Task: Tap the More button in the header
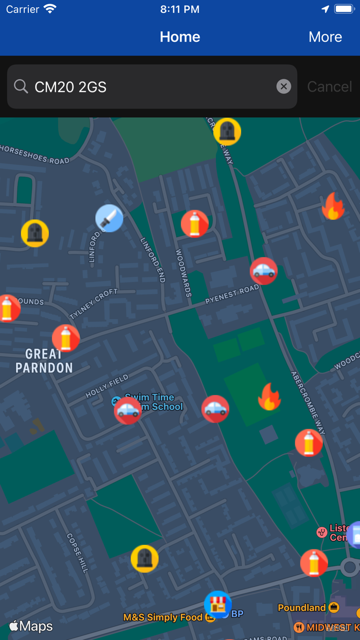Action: pyautogui.click(x=325, y=37)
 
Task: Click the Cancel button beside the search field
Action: pyautogui.click(x=329, y=86)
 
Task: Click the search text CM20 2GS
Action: pyautogui.click(x=70, y=87)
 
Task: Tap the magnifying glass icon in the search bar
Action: pyautogui.click(x=21, y=86)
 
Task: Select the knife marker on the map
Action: pyautogui.click(x=110, y=218)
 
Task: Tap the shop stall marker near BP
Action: pyautogui.click(x=218, y=604)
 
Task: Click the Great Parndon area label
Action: pyautogui.click(x=44, y=361)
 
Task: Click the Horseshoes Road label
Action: pyautogui.click(x=34, y=154)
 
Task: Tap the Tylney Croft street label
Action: pyautogui.click(x=94, y=304)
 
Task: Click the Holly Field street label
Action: pyautogui.click(x=107, y=386)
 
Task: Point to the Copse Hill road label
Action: pyautogui.click(x=78, y=553)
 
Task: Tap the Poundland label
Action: pyautogui.click(x=302, y=608)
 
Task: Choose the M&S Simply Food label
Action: pyautogui.click(x=163, y=617)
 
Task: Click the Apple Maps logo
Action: pyautogui.click(x=31, y=626)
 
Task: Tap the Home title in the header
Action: pyautogui.click(x=180, y=37)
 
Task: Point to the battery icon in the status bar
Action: pyautogui.click(x=345, y=9)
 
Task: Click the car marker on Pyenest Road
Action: pyautogui.click(x=264, y=271)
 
